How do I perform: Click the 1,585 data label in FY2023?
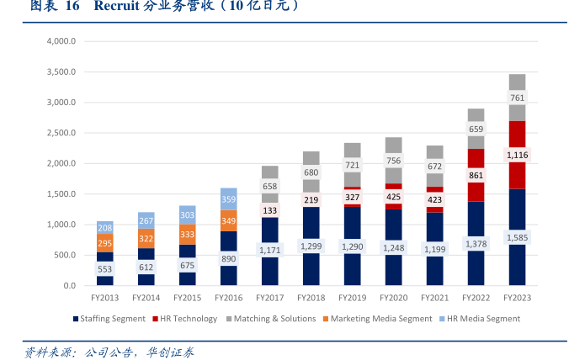point(518,238)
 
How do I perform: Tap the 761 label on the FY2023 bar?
point(518,98)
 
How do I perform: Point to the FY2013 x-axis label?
point(105,298)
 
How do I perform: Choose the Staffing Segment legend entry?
point(109,319)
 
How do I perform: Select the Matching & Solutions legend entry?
point(271,319)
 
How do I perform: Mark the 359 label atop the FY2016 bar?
point(229,199)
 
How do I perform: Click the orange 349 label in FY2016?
point(229,221)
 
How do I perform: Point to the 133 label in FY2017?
point(270,209)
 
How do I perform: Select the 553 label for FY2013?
point(105,269)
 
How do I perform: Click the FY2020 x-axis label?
point(394,298)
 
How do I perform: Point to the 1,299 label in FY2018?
point(311,246)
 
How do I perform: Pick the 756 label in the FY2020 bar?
point(394,161)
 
